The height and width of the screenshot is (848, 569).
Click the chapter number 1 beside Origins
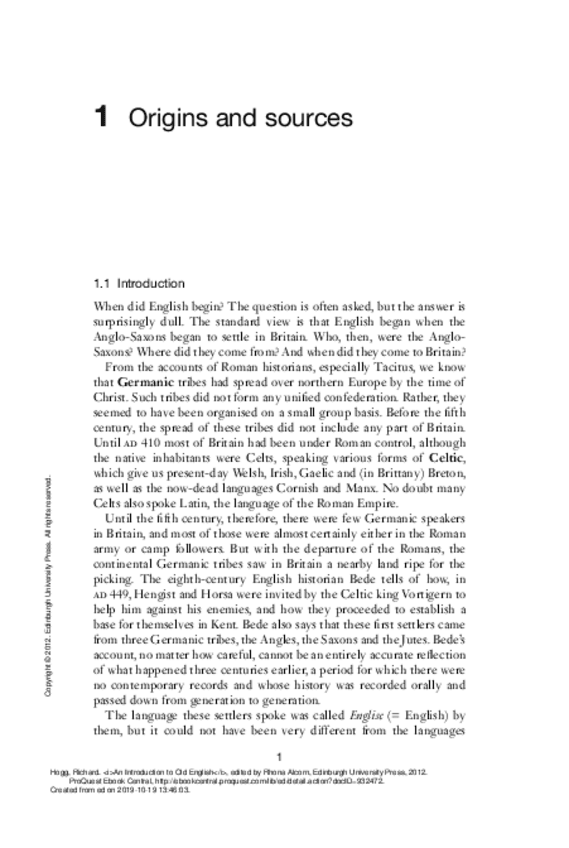(x=100, y=119)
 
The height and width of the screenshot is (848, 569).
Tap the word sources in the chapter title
(x=310, y=119)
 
